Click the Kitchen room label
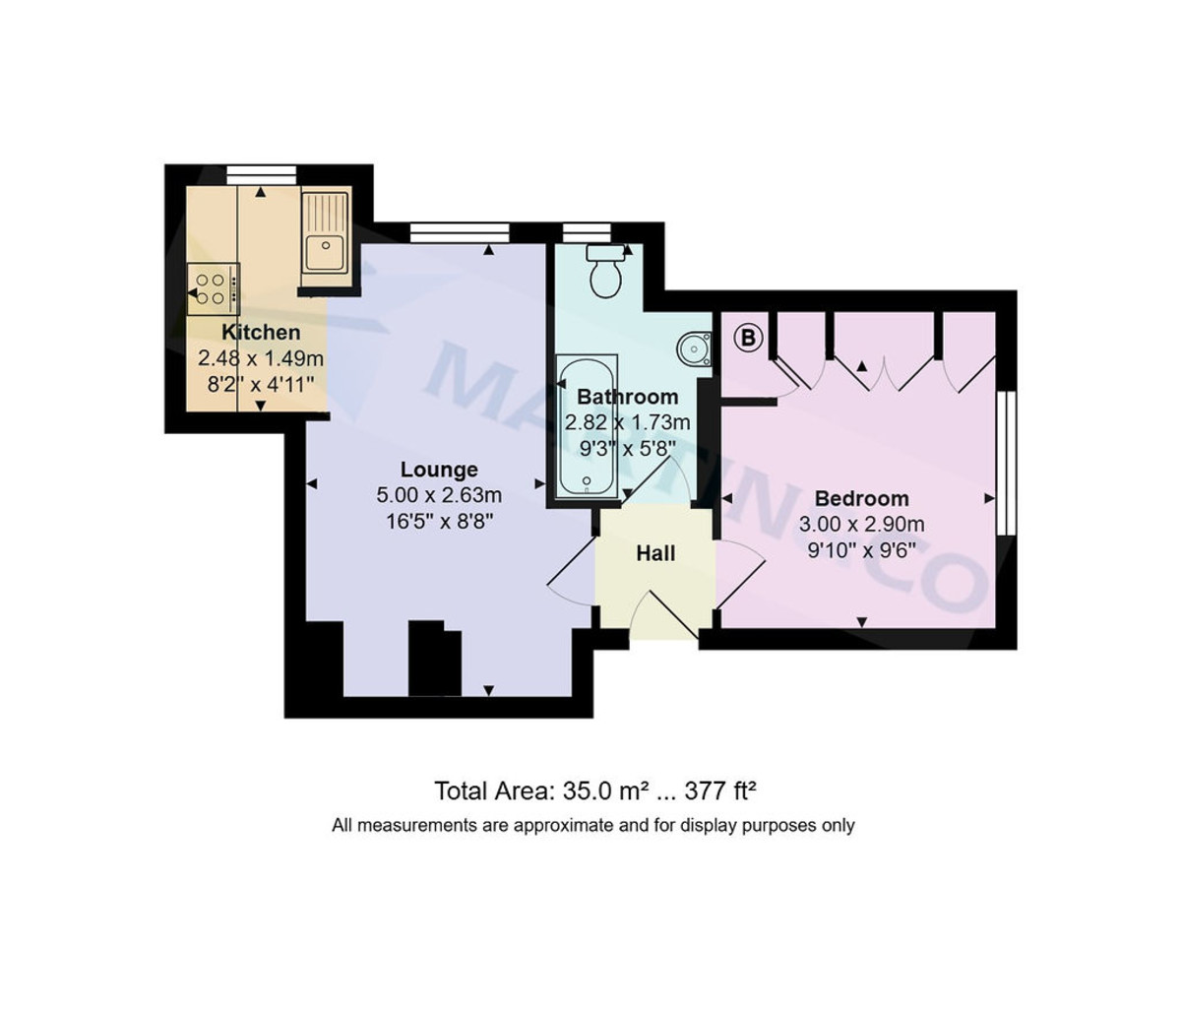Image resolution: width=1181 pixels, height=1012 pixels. tap(261, 332)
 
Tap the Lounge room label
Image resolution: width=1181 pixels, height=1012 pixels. tap(439, 470)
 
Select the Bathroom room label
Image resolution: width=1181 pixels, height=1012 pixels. tap(627, 397)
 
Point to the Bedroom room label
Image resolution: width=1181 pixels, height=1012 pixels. tap(861, 498)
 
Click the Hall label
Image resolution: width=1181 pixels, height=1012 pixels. tap(655, 553)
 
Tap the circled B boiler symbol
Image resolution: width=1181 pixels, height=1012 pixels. tap(748, 338)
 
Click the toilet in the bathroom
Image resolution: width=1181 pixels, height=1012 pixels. tap(605, 272)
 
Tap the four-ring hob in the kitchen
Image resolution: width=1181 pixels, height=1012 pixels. tap(213, 288)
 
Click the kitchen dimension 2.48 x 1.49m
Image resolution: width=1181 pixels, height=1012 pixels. tap(261, 359)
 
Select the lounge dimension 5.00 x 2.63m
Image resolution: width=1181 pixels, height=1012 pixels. tap(439, 495)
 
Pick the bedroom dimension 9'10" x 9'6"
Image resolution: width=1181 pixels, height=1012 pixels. tap(861, 550)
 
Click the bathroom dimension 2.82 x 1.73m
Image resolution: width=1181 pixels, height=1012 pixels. tap(627, 423)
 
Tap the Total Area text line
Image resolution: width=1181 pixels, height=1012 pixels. tap(595, 791)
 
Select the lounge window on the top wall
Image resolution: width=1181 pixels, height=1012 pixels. tap(460, 233)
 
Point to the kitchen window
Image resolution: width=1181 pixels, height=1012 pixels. tap(261, 175)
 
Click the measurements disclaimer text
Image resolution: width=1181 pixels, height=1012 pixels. tap(593, 826)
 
